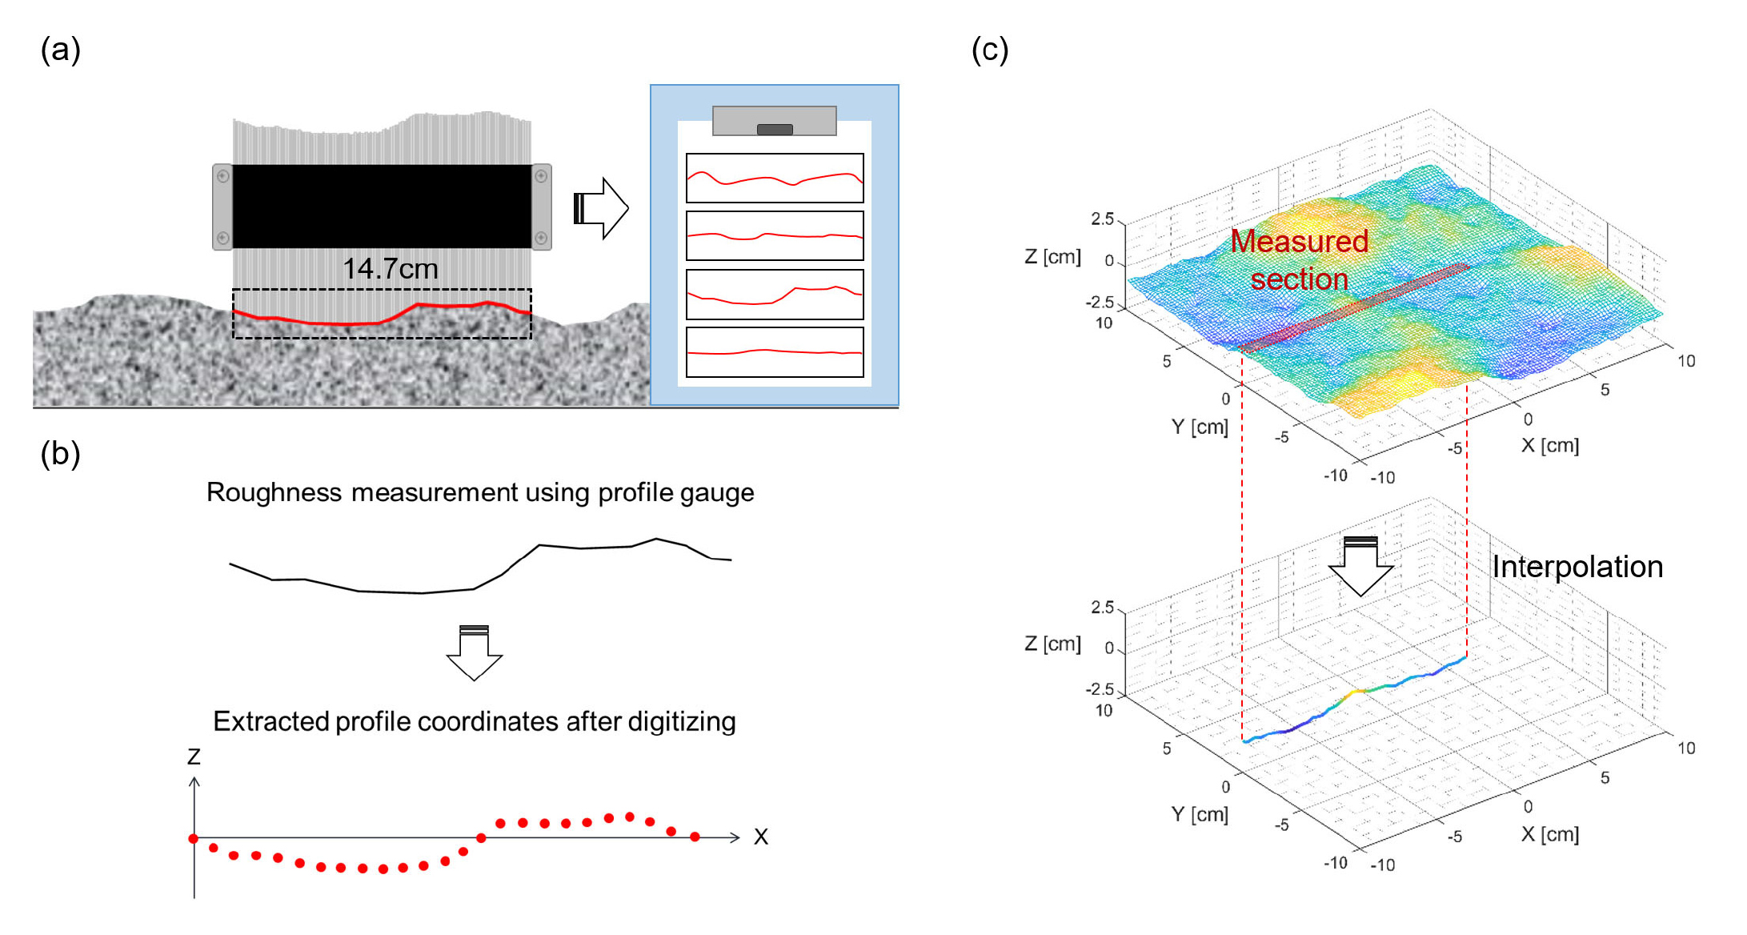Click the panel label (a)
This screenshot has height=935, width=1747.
click(x=60, y=50)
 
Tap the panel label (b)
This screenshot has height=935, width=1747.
click(x=60, y=454)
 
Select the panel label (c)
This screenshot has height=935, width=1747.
click(x=989, y=50)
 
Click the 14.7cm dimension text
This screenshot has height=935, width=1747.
click(x=390, y=269)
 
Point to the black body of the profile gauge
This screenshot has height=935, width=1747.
click(x=382, y=206)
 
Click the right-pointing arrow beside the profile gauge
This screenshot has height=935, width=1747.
click(x=602, y=208)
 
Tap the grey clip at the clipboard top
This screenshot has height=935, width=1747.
click(x=774, y=121)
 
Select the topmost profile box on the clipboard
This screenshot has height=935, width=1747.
click(x=775, y=178)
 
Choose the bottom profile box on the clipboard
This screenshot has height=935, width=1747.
click(x=775, y=351)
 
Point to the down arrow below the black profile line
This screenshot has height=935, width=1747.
click(x=475, y=653)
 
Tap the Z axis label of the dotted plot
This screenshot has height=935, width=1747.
click(x=194, y=756)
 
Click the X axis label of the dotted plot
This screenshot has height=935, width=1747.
click(x=760, y=837)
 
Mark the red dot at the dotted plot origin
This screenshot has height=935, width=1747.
click(x=194, y=838)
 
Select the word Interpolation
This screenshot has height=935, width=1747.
click(x=1577, y=567)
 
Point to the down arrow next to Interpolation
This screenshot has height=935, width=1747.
click(x=1360, y=566)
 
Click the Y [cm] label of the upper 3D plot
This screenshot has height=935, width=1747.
click(x=1200, y=427)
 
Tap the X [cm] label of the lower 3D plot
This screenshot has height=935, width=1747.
click(x=1549, y=834)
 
